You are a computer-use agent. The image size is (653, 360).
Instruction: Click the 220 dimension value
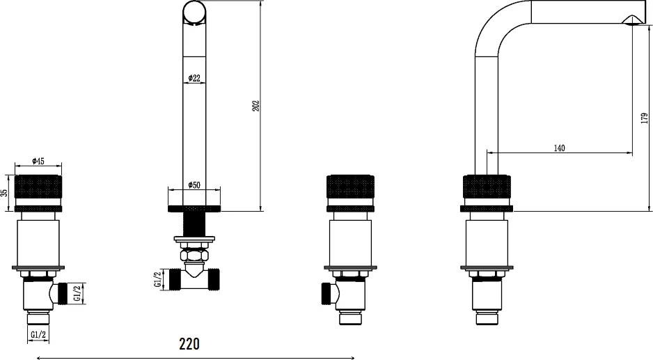pos(189,344)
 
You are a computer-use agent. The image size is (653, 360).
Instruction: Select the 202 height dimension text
pos(255,105)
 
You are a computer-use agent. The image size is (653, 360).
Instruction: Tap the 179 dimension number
pos(645,118)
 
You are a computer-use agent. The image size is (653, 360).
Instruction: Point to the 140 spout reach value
pos(559,148)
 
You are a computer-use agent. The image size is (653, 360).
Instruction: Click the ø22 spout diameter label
pos(194,78)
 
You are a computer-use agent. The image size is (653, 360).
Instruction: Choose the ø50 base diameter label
pos(194,185)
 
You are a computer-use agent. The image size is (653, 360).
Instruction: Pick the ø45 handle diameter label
pos(38,161)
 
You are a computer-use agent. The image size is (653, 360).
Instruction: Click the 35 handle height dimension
pos(4,193)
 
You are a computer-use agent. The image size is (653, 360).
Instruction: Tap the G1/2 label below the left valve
pos(38,334)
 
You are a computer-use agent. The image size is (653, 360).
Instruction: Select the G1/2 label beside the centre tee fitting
pos(158,279)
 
